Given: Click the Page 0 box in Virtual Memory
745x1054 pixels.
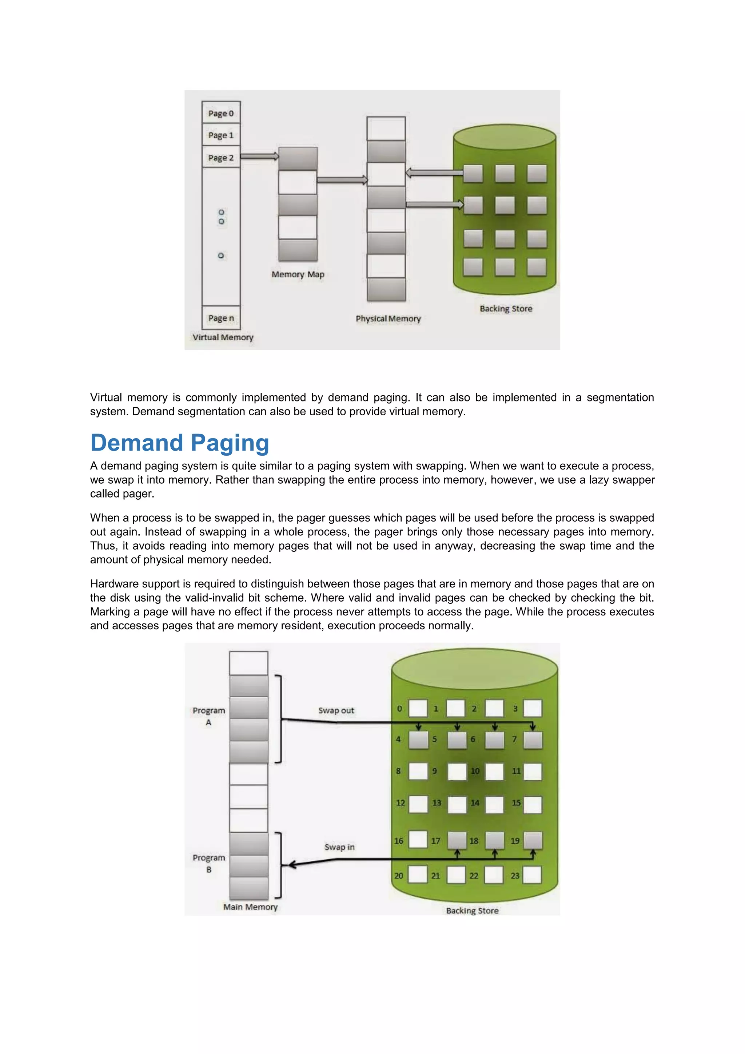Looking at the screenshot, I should pyautogui.click(x=221, y=113).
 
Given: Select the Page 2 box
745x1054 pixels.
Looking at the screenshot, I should pyautogui.click(x=221, y=158).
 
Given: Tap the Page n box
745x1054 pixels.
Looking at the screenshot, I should pyautogui.click(x=221, y=318).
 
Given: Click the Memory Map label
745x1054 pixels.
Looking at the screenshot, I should pyautogui.click(x=298, y=274).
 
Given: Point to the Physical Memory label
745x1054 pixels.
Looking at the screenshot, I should pyautogui.click(x=388, y=318).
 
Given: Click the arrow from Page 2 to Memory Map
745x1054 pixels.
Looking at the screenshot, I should pyautogui.click(x=259, y=156).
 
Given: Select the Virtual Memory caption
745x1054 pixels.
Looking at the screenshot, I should pyautogui.click(x=223, y=337).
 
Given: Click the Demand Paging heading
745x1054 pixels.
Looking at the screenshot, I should pyautogui.click(x=179, y=443).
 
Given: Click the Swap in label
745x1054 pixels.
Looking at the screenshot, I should pyautogui.click(x=339, y=847).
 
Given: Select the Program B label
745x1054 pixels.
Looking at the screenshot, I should pyautogui.click(x=209, y=863).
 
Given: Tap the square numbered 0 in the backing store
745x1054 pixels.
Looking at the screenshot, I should pyautogui.click(x=418, y=708).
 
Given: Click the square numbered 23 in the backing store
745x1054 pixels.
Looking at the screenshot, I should pyautogui.click(x=532, y=875).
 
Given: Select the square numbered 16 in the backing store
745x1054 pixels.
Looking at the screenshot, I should pyautogui.click(x=418, y=840).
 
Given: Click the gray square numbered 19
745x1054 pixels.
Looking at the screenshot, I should pyautogui.click(x=533, y=840).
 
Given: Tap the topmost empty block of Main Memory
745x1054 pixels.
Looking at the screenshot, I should pyautogui.click(x=249, y=663).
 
